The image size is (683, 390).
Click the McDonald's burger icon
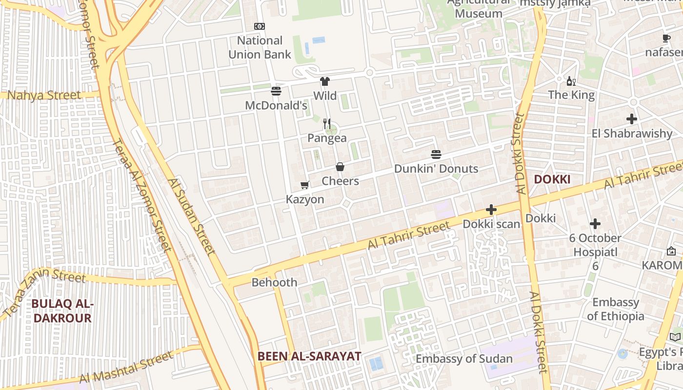tap(276, 91)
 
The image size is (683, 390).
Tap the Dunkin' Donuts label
tap(436, 169)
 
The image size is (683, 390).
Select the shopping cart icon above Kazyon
tap(305, 185)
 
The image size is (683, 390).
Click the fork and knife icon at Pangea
tap(327, 123)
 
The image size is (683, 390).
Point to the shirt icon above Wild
tap(325, 81)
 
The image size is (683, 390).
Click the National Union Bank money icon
tap(260, 26)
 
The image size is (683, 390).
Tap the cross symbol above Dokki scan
tap(491, 210)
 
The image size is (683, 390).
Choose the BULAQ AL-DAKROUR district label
tap(62, 311)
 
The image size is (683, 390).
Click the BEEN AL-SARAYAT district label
tap(309, 356)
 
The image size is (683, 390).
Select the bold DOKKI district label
tap(552, 179)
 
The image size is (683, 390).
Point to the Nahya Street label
tap(44, 95)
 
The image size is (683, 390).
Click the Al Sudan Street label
tap(191, 217)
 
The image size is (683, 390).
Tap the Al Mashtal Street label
tap(126, 367)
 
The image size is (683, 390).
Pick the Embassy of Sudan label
tap(464, 359)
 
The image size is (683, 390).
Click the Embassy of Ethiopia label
tap(615, 309)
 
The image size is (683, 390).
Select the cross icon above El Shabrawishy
tap(632, 118)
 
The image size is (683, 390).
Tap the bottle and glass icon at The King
tap(571, 81)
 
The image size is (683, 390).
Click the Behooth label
tap(274, 282)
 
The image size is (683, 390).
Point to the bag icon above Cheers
tap(340, 167)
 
